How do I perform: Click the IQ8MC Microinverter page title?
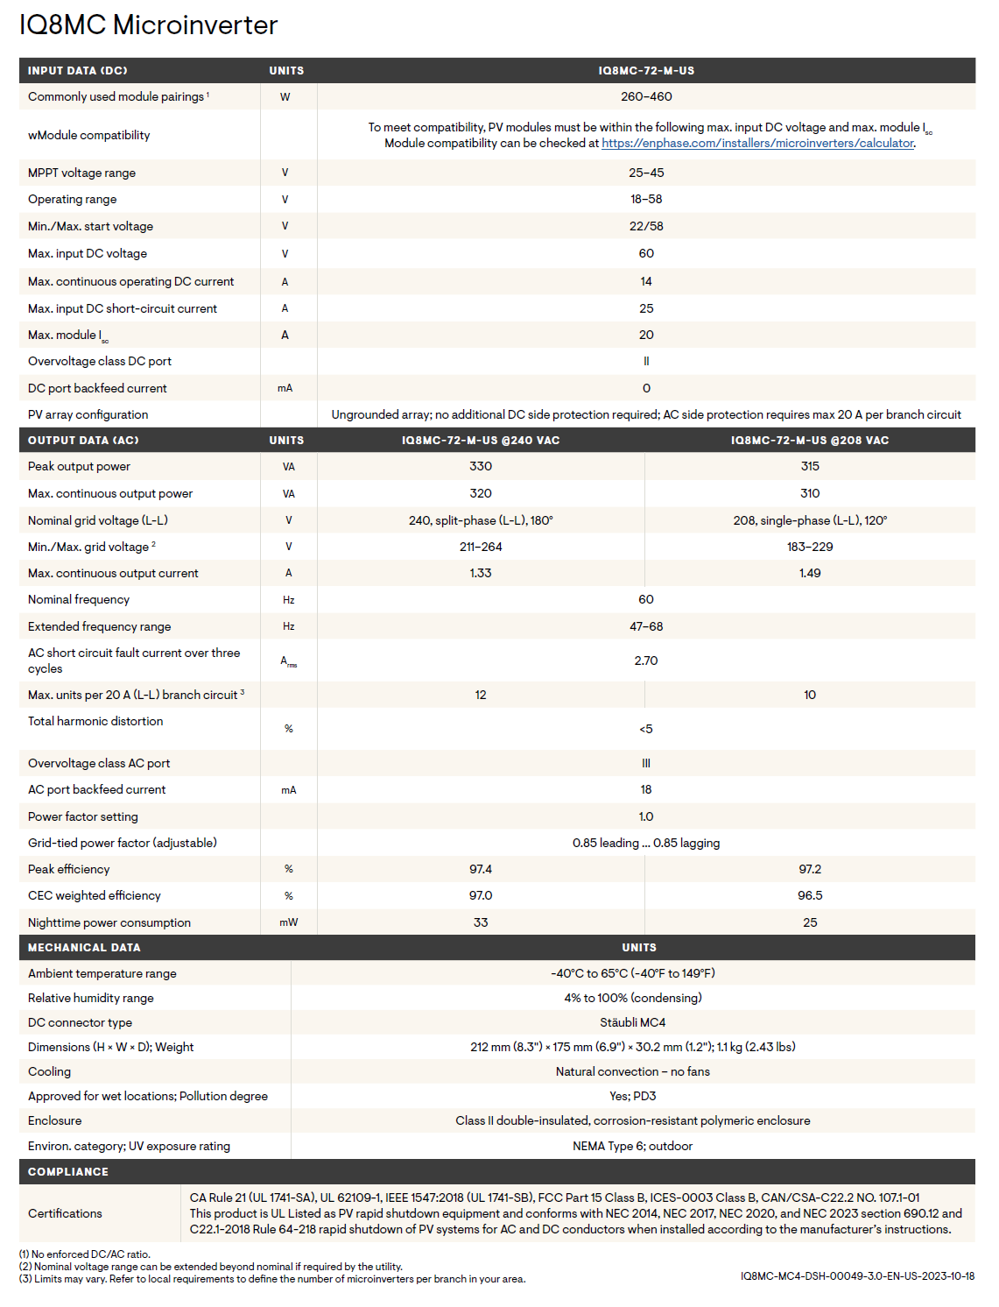coord(148,25)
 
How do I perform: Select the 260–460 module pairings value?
coord(646,96)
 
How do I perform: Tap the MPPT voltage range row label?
coord(81,173)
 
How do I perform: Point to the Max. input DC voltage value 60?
coord(646,253)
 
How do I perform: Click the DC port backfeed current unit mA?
coord(285,388)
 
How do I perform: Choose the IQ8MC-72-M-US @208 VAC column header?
coord(809,441)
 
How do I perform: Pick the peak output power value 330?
coord(481,466)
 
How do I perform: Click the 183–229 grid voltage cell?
coord(810,547)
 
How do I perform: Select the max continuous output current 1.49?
coord(810,573)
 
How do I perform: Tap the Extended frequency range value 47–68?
coord(646,626)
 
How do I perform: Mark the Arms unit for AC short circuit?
coord(288,661)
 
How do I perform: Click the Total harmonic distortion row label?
coord(95,721)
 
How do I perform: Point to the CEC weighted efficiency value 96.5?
coord(810,895)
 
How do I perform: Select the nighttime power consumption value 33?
coord(481,922)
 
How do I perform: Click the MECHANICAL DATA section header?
coord(84,948)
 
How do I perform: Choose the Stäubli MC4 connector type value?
coord(632,1022)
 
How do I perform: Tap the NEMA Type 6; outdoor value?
coord(632,1146)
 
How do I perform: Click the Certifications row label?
coord(65,1213)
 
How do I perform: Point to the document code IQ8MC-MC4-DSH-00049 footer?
coord(857,1276)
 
